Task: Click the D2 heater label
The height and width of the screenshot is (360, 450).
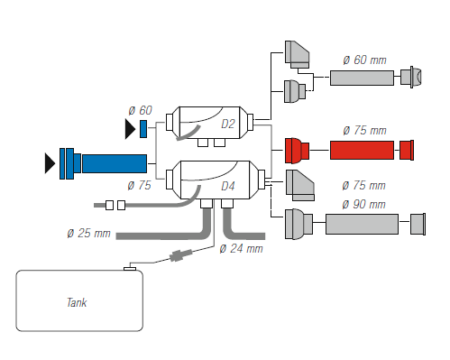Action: click(x=228, y=124)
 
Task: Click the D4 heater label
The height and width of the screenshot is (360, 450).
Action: click(x=228, y=186)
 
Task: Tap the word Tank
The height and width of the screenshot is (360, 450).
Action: click(x=77, y=302)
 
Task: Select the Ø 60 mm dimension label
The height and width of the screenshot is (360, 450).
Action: click(x=364, y=60)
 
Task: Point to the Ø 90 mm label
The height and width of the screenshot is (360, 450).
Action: click(x=363, y=205)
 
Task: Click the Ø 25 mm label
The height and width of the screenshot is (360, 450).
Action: click(x=89, y=234)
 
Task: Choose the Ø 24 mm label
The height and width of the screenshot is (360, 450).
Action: click(x=241, y=249)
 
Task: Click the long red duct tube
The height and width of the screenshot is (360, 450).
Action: click(x=362, y=150)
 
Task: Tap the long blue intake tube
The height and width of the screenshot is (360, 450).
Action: click(x=115, y=163)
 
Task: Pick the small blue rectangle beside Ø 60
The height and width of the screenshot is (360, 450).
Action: click(x=143, y=129)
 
